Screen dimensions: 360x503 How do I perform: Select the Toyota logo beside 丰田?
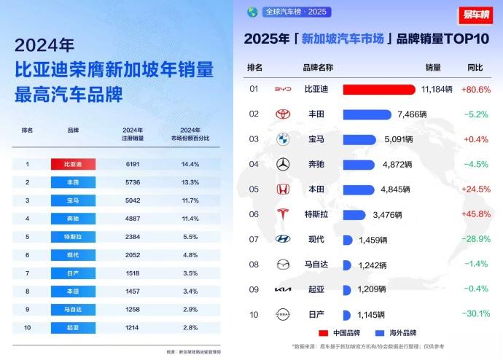(x=283, y=114)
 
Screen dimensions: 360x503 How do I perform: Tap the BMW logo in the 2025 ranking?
(x=283, y=139)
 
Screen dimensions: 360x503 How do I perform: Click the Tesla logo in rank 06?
(x=283, y=214)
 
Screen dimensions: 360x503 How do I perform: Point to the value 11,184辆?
(x=437, y=89)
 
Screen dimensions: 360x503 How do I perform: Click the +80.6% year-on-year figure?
(x=476, y=89)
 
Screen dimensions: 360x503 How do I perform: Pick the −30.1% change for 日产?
(x=476, y=314)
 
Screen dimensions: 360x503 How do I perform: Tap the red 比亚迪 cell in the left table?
(x=73, y=164)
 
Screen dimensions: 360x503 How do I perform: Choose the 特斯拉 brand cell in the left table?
(x=73, y=236)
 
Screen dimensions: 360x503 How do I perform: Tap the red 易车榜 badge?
(x=475, y=14)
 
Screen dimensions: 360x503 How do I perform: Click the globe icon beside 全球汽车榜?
(x=252, y=12)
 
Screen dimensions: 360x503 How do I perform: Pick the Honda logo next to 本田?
(x=283, y=189)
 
